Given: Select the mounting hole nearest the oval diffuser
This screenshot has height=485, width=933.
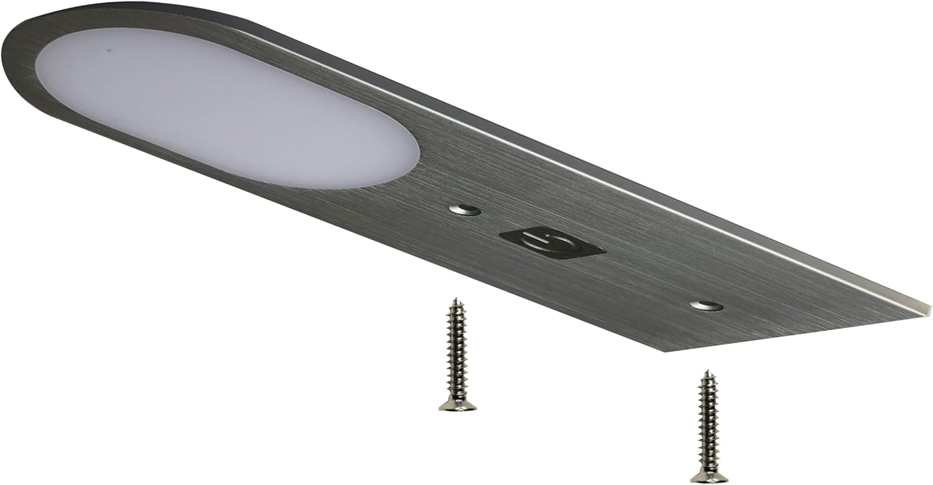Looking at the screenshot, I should (x=465, y=210).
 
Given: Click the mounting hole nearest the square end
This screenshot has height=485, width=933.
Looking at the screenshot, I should (x=707, y=305).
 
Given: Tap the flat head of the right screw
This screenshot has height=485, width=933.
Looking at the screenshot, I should (x=709, y=476).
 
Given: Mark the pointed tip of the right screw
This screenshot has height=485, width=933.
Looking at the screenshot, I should (x=707, y=372).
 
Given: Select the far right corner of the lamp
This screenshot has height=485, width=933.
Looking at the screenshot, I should (x=929, y=308).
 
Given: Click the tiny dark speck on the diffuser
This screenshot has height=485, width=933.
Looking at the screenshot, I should (x=109, y=50).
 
